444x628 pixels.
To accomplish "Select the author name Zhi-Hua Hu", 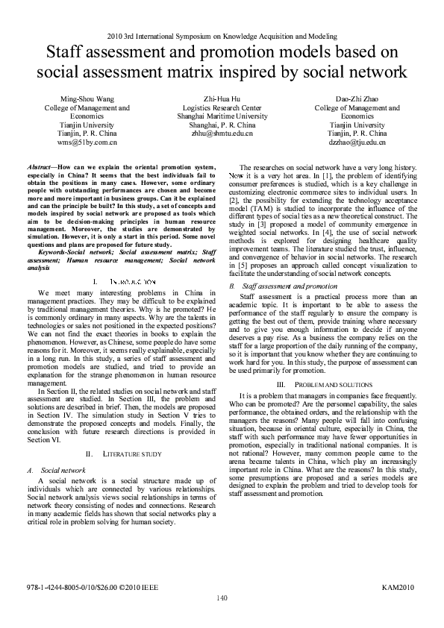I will pos(222,98).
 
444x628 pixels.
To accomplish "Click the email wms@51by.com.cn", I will pos(87,142).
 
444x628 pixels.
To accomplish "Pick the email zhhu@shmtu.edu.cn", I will pos(222,134).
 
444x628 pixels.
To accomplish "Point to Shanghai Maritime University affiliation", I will pos(222,116).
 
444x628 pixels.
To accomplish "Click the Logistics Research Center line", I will pos(222,107).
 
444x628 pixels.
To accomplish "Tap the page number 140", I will pos(222,597).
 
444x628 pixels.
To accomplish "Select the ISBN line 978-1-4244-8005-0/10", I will pos(95,588).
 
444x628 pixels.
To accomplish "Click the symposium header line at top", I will pos(222,36).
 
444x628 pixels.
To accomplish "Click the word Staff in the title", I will pos(68,53).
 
